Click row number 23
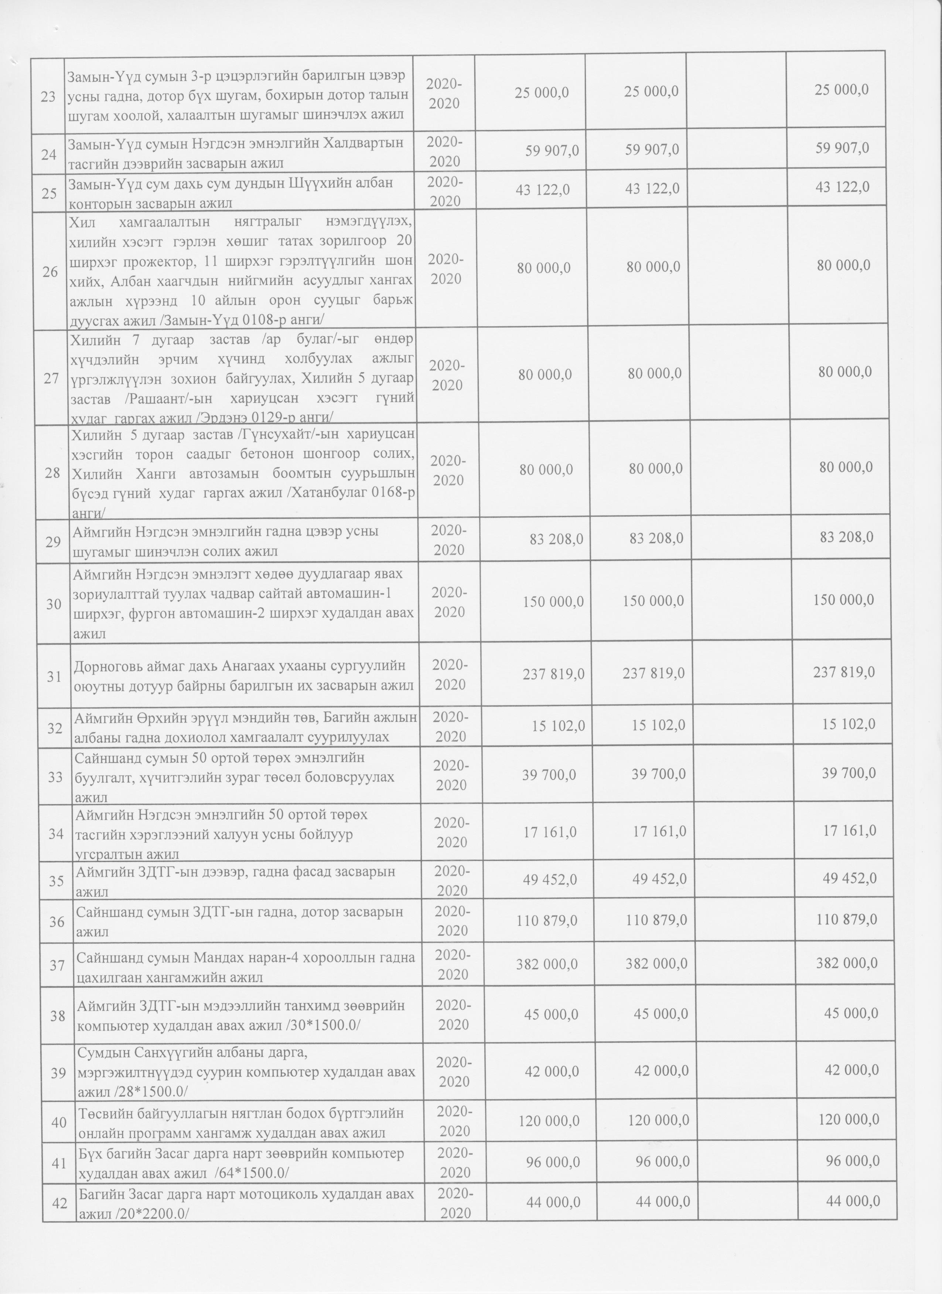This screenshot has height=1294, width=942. click(48, 96)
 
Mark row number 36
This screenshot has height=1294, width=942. click(57, 920)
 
